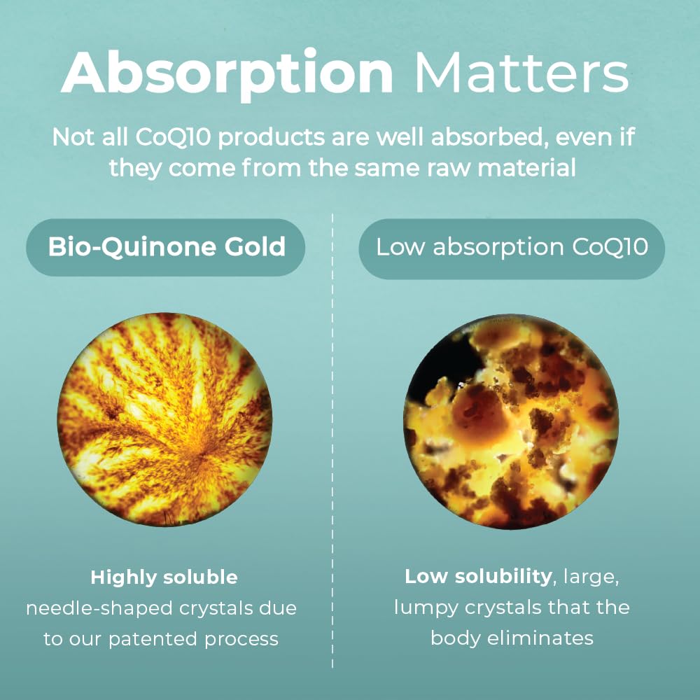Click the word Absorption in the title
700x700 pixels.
click(227, 73)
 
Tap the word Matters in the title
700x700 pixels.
click(521, 73)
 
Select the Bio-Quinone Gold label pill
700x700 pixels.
click(166, 247)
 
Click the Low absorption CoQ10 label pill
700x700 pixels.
click(512, 248)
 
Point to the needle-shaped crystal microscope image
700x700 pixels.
click(165, 419)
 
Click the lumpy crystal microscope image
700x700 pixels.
click(512, 421)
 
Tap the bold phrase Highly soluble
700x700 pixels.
click(164, 577)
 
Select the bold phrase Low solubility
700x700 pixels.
click(478, 577)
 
